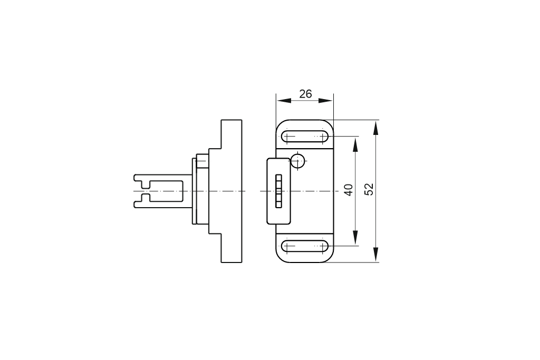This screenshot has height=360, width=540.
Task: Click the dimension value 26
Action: click(x=305, y=94)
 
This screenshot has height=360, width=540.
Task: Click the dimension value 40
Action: click(x=349, y=190)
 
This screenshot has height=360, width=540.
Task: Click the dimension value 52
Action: click(x=369, y=189)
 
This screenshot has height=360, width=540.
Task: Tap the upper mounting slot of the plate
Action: click(x=305, y=137)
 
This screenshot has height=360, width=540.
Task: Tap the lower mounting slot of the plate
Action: click(x=305, y=246)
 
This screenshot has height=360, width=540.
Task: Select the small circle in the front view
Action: click(x=297, y=161)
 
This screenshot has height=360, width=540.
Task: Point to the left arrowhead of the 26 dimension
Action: click(x=284, y=101)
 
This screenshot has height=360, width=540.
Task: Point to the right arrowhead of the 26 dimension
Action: click(x=326, y=101)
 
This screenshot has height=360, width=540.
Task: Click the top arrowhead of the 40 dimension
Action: click(x=355, y=144)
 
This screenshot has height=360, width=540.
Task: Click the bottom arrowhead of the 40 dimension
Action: click(x=355, y=238)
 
